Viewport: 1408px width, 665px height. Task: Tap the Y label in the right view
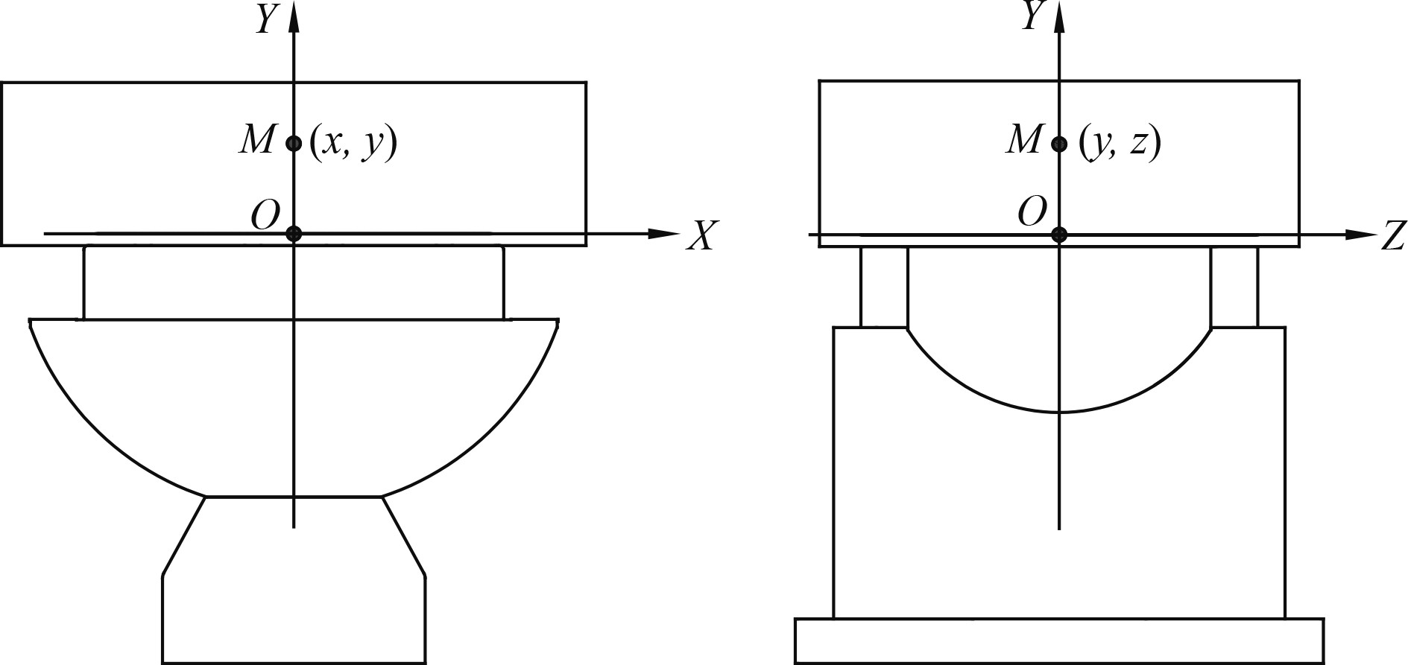[x=1031, y=17]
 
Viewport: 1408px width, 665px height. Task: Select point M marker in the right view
[x=1058, y=144]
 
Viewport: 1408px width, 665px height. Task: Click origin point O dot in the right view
[x=1058, y=235]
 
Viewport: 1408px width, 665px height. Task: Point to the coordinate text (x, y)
[x=353, y=143]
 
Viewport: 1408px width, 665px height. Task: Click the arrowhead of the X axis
[x=663, y=233]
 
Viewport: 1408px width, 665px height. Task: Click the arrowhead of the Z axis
[x=1360, y=235]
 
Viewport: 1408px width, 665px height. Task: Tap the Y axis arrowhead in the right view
[x=1058, y=19]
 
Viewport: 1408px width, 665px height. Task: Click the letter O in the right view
[x=1032, y=213]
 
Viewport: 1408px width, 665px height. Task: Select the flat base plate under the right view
[x=1058, y=640]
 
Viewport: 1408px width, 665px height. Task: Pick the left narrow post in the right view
[x=884, y=287]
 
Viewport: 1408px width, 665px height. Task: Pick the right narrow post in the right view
[x=1234, y=287]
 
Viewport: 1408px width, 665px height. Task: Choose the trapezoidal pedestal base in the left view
[x=294, y=581]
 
